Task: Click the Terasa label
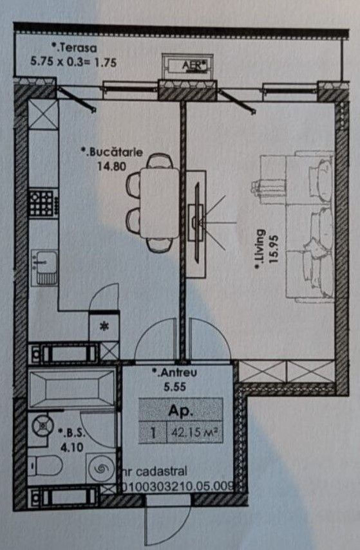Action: pos(74,48)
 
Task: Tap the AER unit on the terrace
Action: pos(187,66)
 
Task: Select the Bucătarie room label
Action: pos(111,152)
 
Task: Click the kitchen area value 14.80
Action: pos(111,166)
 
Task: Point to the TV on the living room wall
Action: pos(197,223)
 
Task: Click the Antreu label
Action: pos(175,372)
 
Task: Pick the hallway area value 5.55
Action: pos(175,387)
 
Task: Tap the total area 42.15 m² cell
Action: pos(194,432)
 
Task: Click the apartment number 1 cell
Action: pos(153,432)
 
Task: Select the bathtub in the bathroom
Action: pos(72,388)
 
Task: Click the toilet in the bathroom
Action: pos(45,466)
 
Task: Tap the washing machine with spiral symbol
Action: pos(101,468)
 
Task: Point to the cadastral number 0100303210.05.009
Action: pos(179,486)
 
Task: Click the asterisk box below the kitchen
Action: pos(104,327)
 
